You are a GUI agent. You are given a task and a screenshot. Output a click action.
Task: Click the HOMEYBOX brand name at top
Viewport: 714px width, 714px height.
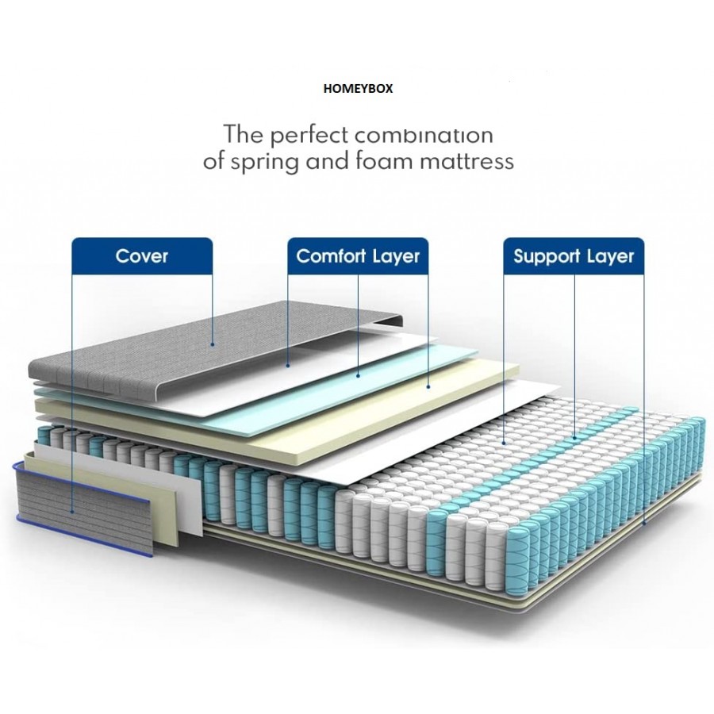coord(357,89)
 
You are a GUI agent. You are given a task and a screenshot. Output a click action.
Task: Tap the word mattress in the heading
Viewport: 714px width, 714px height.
coord(470,161)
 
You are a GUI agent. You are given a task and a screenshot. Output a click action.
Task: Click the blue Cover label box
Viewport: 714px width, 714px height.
coord(142,256)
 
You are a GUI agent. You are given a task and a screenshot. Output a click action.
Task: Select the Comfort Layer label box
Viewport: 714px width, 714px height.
coord(358,256)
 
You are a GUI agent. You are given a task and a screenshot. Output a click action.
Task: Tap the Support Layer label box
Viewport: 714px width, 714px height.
coord(574,256)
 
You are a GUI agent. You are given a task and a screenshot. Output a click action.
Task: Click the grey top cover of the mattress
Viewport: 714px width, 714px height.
coord(159,349)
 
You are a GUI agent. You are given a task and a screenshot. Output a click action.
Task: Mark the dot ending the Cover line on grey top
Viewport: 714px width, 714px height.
coord(213,344)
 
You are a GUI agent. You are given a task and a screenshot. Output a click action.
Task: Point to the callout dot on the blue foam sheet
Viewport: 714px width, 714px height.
coord(358,374)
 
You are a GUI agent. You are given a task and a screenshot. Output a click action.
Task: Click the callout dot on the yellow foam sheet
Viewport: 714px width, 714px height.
coord(428,386)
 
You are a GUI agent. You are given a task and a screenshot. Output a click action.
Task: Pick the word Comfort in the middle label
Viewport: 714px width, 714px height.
coord(331,256)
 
